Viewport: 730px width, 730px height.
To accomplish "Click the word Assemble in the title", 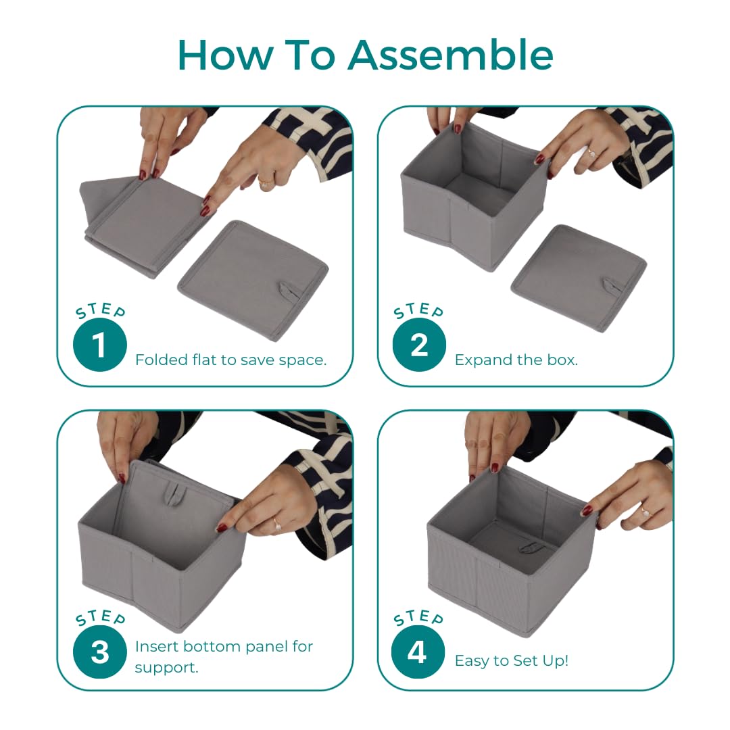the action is click(x=451, y=55).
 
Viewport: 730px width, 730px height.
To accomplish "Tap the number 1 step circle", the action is click(x=99, y=345).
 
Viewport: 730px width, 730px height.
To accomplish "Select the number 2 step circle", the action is click(x=419, y=345).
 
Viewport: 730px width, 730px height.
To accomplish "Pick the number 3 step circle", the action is click(x=99, y=652).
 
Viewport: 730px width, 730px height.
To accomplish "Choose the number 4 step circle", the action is click(x=418, y=652).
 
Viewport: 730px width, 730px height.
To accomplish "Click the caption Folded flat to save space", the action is click(x=231, y=360).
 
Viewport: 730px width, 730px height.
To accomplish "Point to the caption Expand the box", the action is click(x=516, y=360).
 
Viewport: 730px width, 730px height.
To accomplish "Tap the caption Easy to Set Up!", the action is click(x=512, y=660).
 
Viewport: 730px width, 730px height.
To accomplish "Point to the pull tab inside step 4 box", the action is click(x=529, y=547).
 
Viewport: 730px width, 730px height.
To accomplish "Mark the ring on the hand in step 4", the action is click(x=646, y=512).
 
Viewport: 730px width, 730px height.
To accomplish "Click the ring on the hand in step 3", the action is click(x=277, y=525).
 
